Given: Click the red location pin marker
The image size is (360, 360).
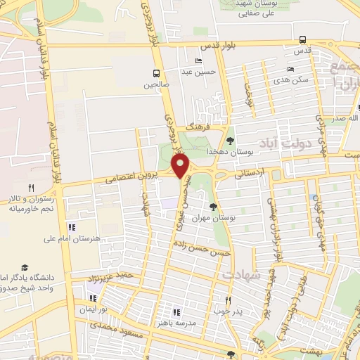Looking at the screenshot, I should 181,166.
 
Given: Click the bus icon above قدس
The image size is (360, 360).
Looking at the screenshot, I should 302,39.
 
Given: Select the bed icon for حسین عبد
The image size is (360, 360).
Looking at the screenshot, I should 199,61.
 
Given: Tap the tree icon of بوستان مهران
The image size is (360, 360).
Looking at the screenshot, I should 213,206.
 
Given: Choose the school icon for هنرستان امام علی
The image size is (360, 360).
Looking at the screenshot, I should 72,227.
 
